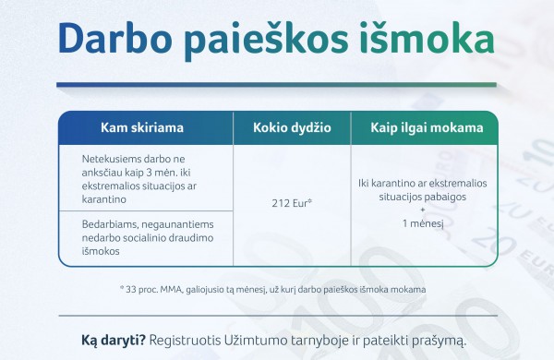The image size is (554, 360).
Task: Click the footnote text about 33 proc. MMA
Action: click(272, 289)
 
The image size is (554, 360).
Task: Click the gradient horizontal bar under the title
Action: click(277, 86)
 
